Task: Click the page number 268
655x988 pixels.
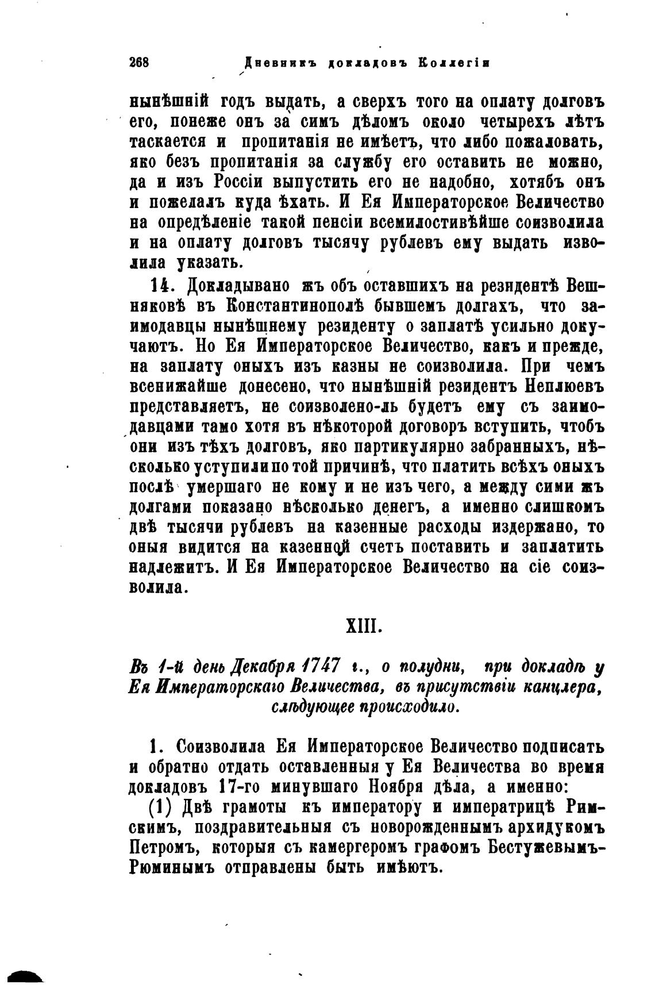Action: [140, 62]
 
